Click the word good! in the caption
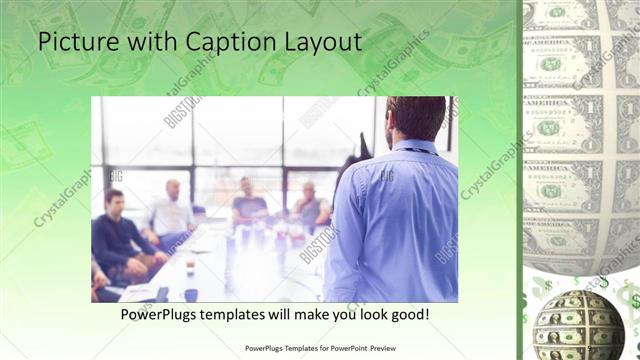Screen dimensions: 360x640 409,315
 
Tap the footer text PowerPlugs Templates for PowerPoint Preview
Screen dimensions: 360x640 319,349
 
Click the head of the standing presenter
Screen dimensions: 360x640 413,118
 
